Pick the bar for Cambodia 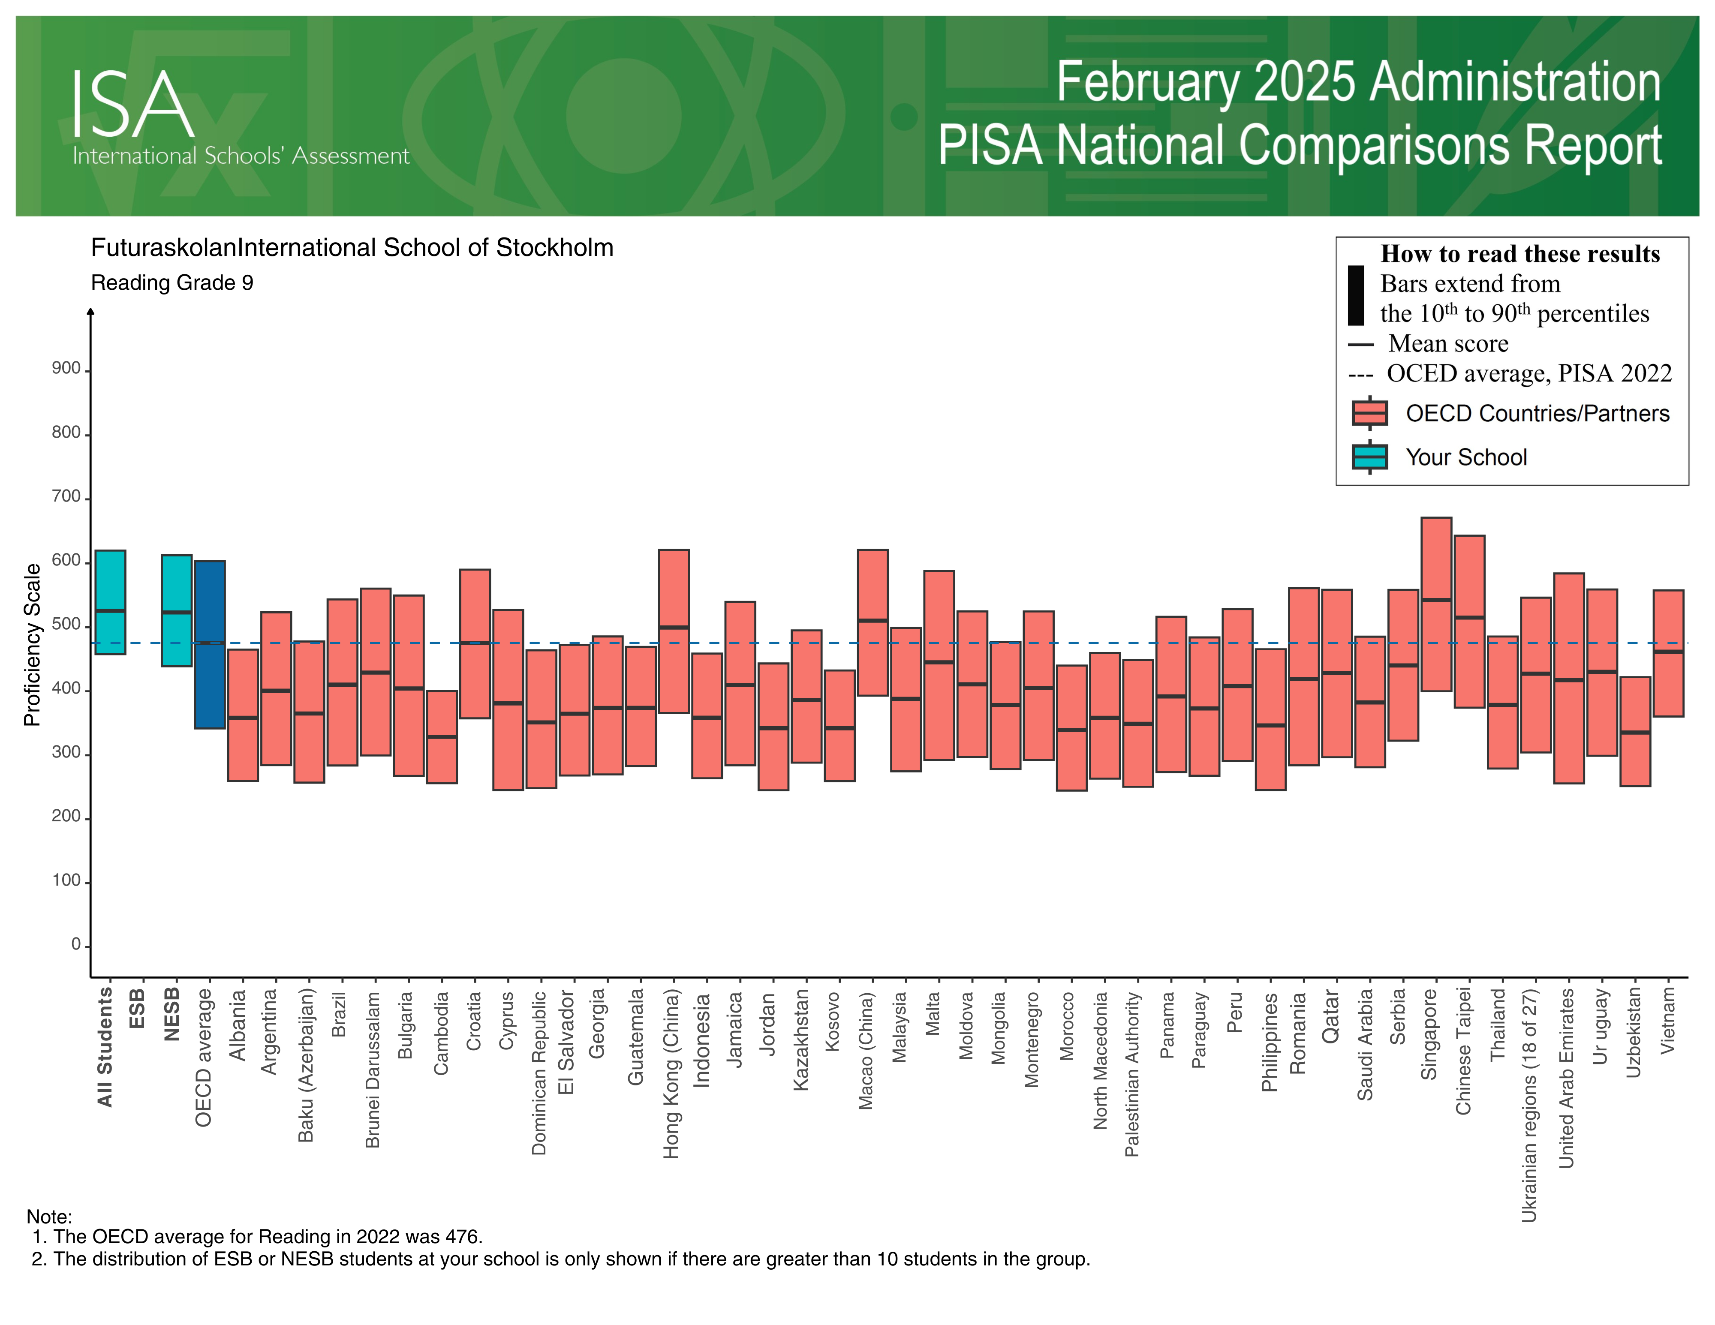click(441, 736)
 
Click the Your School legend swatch click(1369, 457)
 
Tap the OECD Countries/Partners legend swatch click(1369, 413)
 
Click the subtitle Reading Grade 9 click(172, 282)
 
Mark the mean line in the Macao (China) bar click(873, 620)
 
